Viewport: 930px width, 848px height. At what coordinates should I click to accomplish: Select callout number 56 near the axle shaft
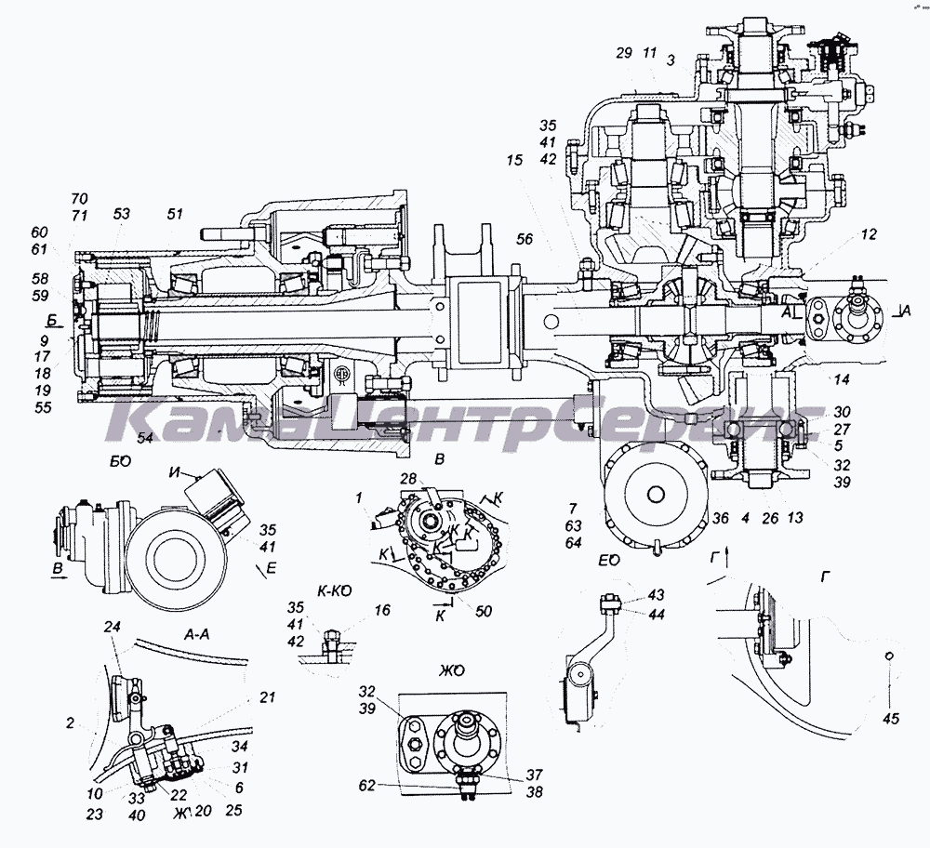point(525,239)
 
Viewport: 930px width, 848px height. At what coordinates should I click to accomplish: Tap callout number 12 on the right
point(867,236)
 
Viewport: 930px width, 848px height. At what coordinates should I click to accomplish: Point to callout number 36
point(722,518)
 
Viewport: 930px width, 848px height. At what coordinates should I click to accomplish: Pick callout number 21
point(268,696)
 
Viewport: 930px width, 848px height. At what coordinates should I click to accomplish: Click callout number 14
point(842,378)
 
